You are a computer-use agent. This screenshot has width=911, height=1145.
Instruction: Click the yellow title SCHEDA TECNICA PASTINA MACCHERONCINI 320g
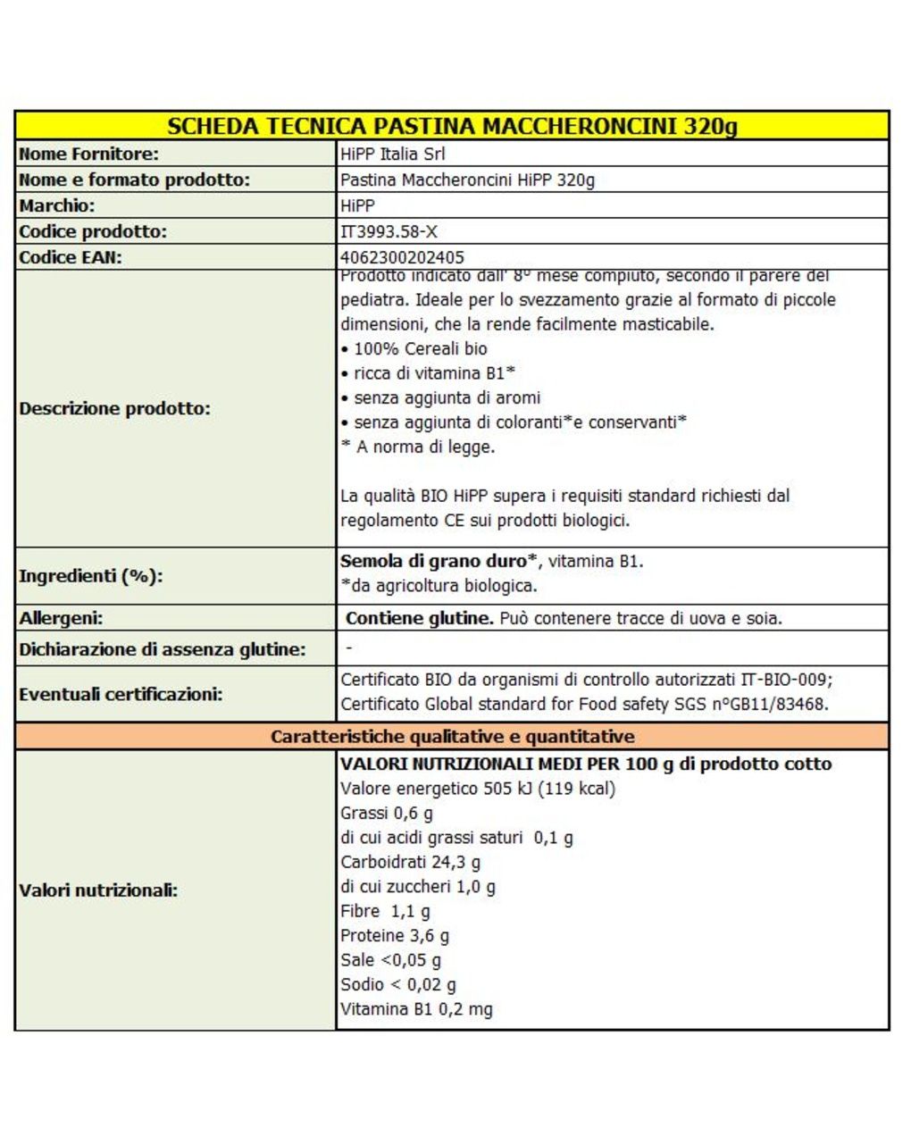(452, 125)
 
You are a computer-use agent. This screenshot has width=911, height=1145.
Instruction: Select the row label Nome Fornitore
(88, 154)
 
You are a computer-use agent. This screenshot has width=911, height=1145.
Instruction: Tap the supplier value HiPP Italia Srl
(392, 154)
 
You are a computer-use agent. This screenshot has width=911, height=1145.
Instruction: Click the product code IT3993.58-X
(389, 231)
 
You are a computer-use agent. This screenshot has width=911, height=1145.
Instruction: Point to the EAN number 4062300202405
(402, 257)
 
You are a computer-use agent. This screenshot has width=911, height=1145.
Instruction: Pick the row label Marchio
(56, 205)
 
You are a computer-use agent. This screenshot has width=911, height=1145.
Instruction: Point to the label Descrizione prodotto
(114, 409)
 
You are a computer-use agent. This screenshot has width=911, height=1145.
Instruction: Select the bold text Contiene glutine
(419, 618)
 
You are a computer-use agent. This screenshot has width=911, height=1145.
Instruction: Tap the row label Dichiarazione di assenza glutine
(162, 649)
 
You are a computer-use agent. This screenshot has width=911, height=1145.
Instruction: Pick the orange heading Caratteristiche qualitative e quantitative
(452, 737)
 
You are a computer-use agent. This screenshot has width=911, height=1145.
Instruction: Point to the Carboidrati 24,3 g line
(410, 863)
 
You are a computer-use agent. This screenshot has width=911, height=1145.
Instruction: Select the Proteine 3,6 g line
(394, 936)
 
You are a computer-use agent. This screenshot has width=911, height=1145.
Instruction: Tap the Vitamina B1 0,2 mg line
(416, 1009)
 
